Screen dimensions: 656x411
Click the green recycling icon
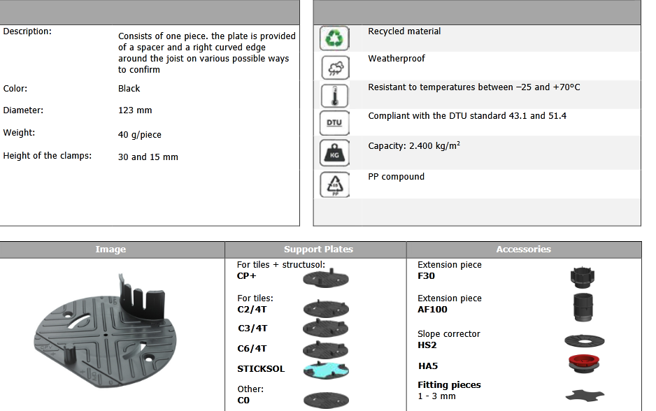(x=334, y=38)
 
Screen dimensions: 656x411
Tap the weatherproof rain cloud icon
(x=335, y=67)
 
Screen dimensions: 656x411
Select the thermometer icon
(x=334, y=96)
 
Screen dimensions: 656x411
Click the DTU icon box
(x=334, y=123)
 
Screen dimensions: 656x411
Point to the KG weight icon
(x=334, y=152)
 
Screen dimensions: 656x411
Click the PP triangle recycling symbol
(x=335, y=185)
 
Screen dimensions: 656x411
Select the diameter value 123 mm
(x=135, y=110)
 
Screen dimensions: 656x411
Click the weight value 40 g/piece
(x=139, y=135)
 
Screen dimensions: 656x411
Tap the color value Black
(x=129, y=89)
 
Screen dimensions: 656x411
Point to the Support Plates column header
(x=318, y=250)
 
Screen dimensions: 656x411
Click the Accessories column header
(x=523, y=250)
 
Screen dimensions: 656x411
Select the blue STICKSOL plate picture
(x=326, y=370)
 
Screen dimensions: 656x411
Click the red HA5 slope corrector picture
(x=584, y=363)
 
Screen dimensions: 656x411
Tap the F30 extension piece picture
(x=582, y=277)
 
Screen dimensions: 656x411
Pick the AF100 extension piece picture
(x=583, y=308)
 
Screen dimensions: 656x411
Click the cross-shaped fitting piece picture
(x=585, y=395)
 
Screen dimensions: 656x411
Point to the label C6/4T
(x=252, y=348)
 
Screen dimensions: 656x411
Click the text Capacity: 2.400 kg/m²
(x=414, y=145)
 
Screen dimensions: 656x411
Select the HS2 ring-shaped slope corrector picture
(x=585, y=341)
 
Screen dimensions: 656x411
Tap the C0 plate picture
(x=326, y=400)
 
